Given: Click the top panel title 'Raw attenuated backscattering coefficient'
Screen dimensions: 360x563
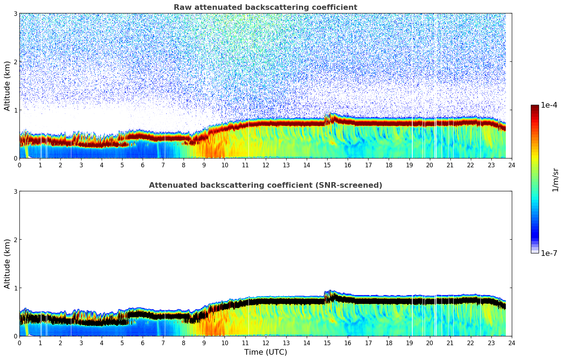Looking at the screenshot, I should [x=265, y=7].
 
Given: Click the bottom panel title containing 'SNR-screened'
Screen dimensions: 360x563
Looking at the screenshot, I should [x=265, y=185].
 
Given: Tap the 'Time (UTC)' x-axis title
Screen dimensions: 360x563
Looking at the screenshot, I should [x=265, y=352].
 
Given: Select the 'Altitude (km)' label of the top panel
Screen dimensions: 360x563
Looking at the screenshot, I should [x=7, y=86].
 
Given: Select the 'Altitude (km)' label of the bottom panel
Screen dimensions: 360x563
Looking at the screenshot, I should [x=7, y=264].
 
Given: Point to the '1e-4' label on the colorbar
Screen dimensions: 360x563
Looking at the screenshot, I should [x=549, y=105].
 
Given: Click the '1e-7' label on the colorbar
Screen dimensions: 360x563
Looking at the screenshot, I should [x=549, y=253].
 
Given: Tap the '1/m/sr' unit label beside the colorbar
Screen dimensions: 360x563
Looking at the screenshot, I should [x=555, y=180].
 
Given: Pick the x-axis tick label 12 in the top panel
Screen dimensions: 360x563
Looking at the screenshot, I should [x=265, y=165].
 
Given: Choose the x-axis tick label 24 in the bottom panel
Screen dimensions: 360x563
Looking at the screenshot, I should [x=512, y=343].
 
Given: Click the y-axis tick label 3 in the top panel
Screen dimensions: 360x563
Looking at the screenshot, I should [x=15, y=14].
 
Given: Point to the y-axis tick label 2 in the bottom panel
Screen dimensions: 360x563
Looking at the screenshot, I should [x=15, y=240].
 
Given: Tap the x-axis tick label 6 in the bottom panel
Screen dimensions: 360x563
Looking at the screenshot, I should [x=143, y=343].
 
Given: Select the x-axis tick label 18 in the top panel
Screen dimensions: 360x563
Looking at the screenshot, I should [x=389, y=165].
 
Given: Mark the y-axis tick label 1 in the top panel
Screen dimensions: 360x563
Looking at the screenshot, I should [x=15, y=110].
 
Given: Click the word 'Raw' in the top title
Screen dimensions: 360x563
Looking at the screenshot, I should [x=180, y=7].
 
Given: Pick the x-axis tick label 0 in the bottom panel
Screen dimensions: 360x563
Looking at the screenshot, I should [x=19, y=343].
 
